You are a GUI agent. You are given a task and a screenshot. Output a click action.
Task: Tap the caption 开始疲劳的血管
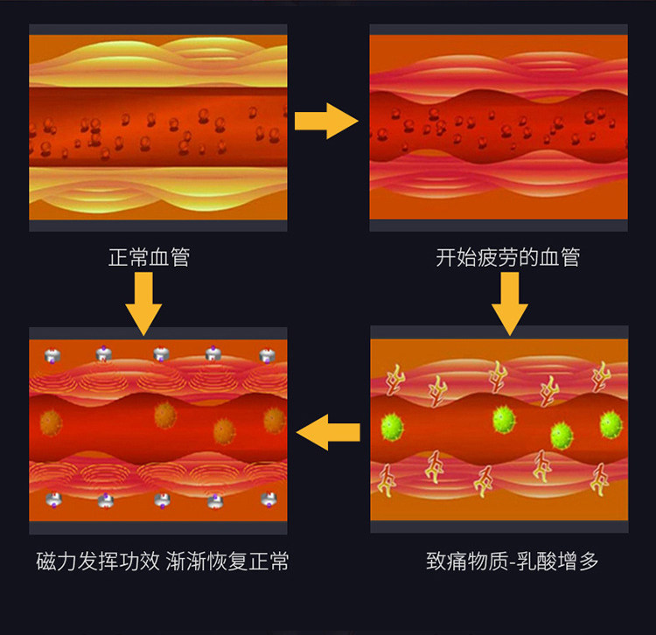tap(507, 258)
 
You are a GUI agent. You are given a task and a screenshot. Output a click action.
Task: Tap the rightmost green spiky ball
tap(611, 425)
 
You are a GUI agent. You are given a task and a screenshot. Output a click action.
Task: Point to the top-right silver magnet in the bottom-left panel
tap(268, 354)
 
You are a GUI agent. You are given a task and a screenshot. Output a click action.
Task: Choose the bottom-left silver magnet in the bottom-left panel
tap(52, 499)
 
